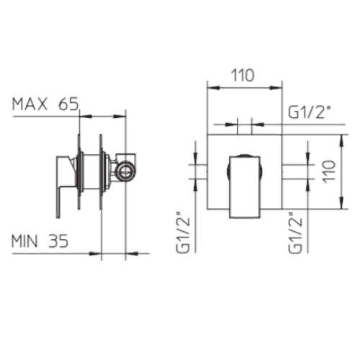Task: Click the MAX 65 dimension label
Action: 45,104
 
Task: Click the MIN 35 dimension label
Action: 40,240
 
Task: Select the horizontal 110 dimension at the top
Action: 243,75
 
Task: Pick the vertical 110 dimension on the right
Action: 329,172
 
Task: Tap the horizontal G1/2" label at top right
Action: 308,112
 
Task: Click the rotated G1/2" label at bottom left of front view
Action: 183,232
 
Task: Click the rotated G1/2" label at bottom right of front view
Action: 295,233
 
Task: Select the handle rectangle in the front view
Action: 245,187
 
